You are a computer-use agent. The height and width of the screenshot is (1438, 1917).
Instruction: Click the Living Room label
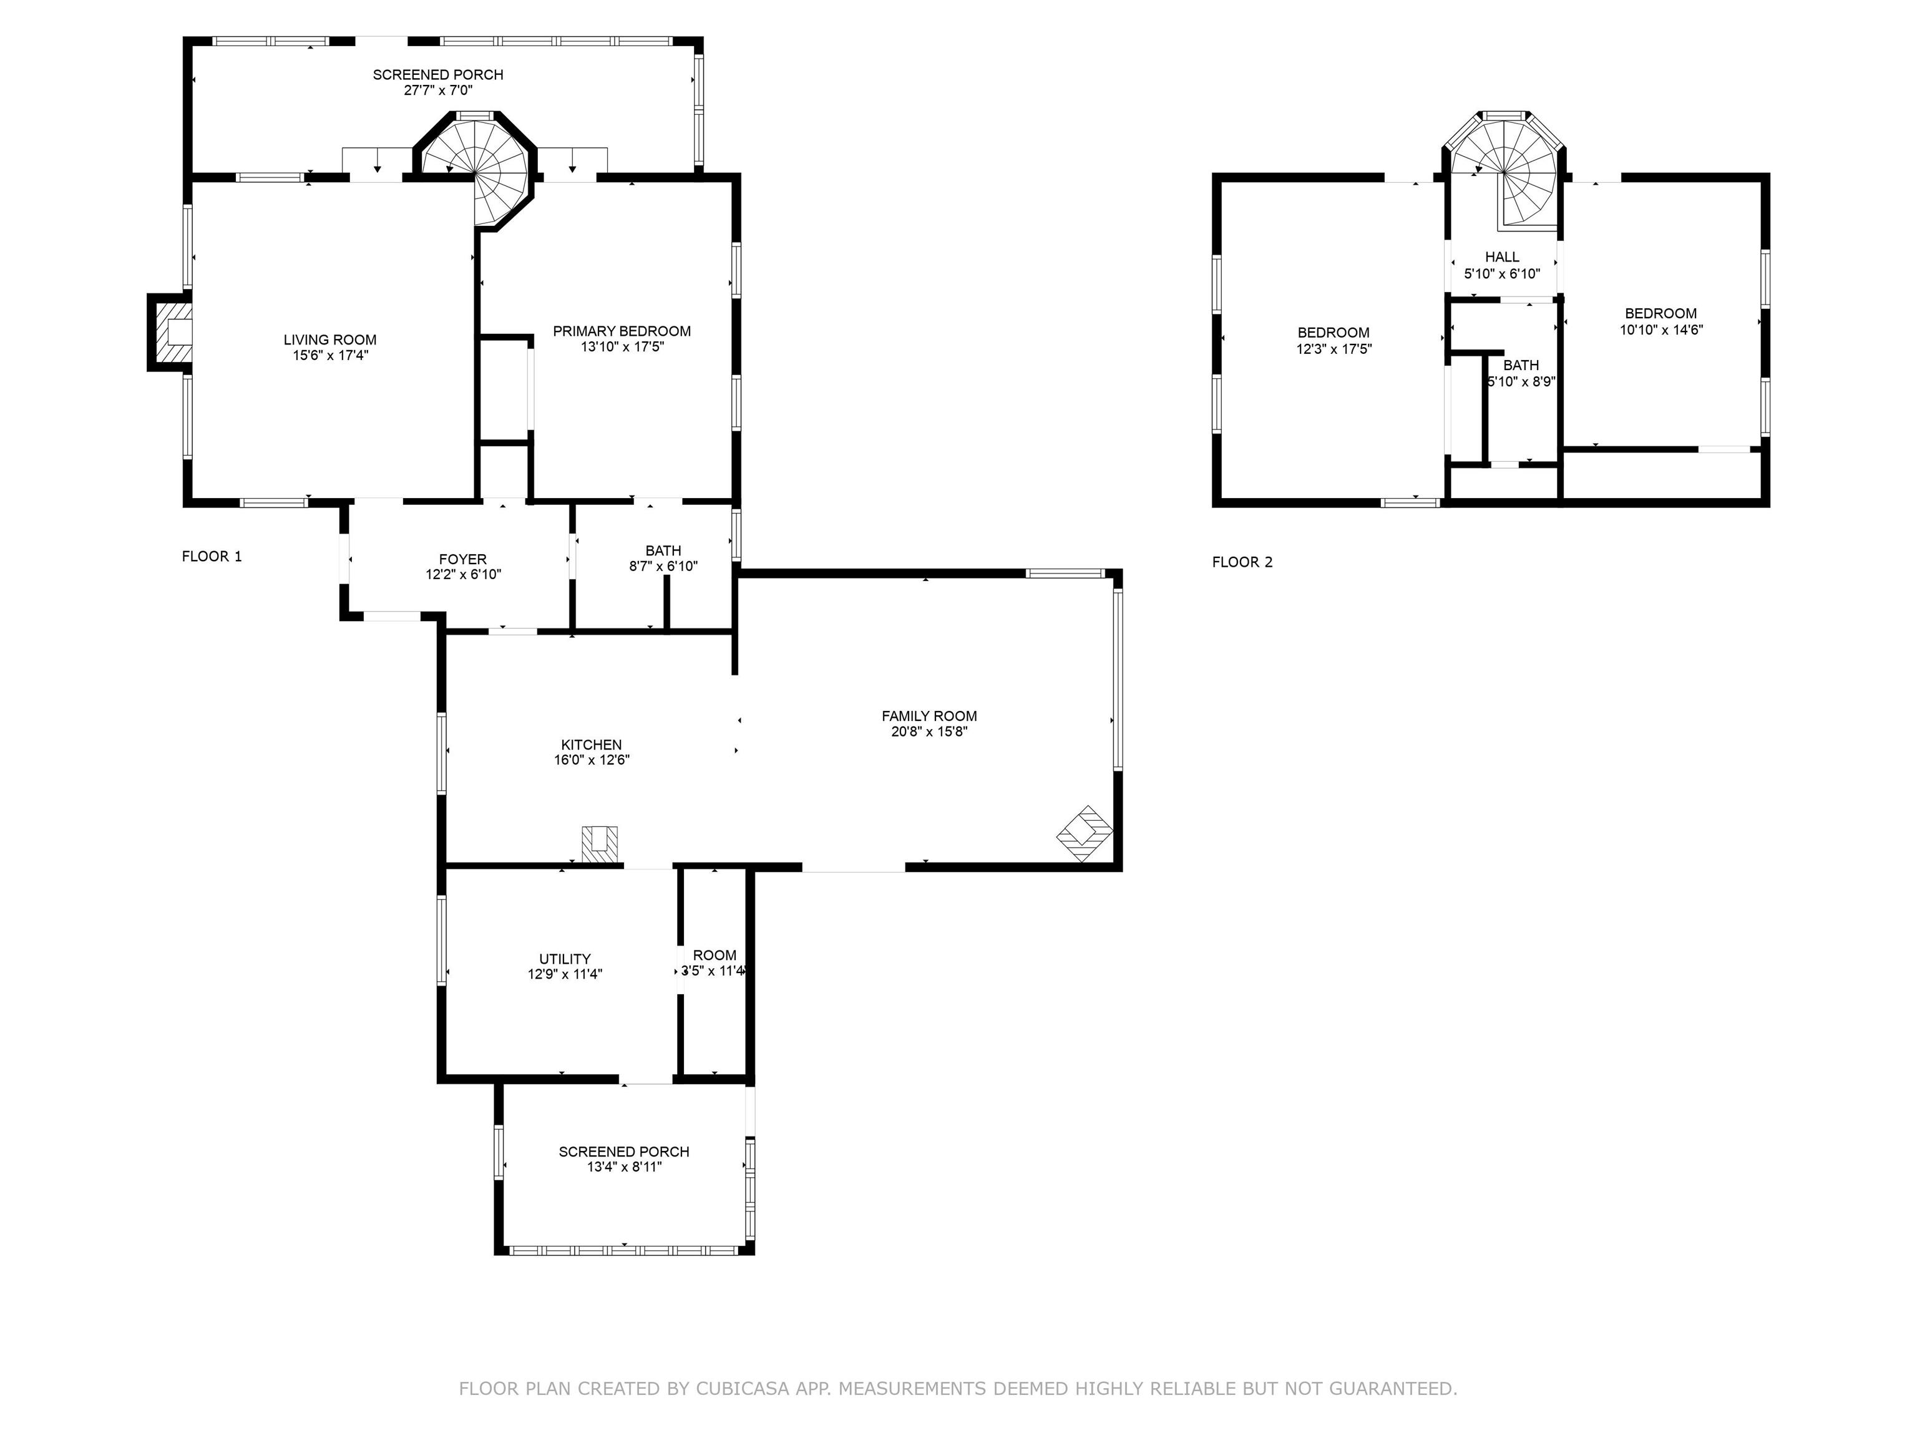(330, 340)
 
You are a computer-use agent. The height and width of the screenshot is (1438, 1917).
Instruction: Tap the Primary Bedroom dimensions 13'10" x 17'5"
(622, 347)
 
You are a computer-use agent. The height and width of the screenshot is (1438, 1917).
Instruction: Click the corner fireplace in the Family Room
(1084, 833)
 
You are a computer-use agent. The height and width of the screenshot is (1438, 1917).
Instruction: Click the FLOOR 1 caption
(212, 557)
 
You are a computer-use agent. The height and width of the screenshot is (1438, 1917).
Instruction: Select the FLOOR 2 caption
(1242, 562)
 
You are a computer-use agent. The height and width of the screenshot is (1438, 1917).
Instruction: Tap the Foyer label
(463, 559)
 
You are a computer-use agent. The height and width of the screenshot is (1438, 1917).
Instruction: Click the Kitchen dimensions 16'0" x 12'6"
(591, 760)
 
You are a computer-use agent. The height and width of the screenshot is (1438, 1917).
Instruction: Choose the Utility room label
(565, 959)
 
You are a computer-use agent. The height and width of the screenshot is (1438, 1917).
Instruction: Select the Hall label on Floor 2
(1502, 257)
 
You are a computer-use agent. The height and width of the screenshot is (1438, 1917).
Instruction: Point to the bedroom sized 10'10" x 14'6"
(1661, 321)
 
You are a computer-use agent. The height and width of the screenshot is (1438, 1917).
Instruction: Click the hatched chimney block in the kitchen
(600, 844)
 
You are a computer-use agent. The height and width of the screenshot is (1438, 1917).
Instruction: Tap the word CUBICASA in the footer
(742, 1389)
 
